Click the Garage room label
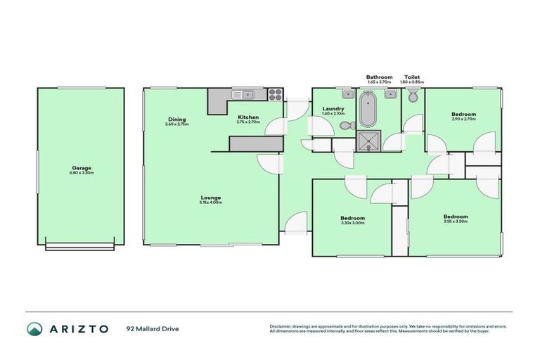coord(81,168)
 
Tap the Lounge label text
coord(211,198)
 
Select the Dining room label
coord(176,120)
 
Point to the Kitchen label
coord(248,117)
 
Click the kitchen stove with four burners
coord(274,94)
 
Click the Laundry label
coord(333,108)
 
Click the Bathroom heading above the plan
coord(378,77)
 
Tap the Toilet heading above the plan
coord(412,77)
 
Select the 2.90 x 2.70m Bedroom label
coord(463,115)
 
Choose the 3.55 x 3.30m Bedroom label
coord(455,217)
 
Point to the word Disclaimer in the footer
coord(282,326)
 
